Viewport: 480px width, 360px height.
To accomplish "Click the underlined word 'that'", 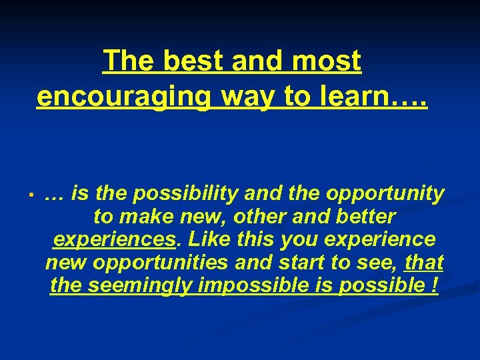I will click(x=425, y=262).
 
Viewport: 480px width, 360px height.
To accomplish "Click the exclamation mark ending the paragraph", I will click(x=435, y=285).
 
